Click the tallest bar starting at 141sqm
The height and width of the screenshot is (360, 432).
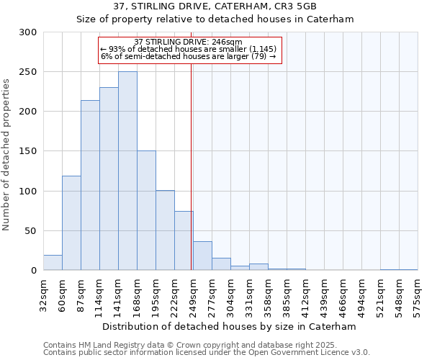pyautogui.click(x=127, y=171)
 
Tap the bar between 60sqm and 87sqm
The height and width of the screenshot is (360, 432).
pyautogui.click(x=71, y=223)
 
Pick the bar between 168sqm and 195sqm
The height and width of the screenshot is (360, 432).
pyautogui.click(x=146, y=210)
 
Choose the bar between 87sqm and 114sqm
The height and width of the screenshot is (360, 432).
pyautogui.click(x=90, y=185)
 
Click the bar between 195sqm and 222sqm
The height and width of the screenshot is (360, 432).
pyautogui.click(x=165, y=230)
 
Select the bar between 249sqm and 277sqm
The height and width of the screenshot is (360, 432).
pyautogui.click(x=202, y=256)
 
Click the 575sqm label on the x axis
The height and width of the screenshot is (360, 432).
pyautogui.click(x=418, y=293)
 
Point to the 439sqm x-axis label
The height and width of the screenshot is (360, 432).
pyautogui.click(x=325, y=293)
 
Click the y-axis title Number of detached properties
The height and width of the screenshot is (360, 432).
pyautogui.click(x=7, y=155)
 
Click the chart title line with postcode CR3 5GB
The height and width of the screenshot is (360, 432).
pyautogui.click(x=216, y=6)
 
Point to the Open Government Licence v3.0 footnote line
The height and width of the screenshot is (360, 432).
pyautogui.click(x=207, y=353)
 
